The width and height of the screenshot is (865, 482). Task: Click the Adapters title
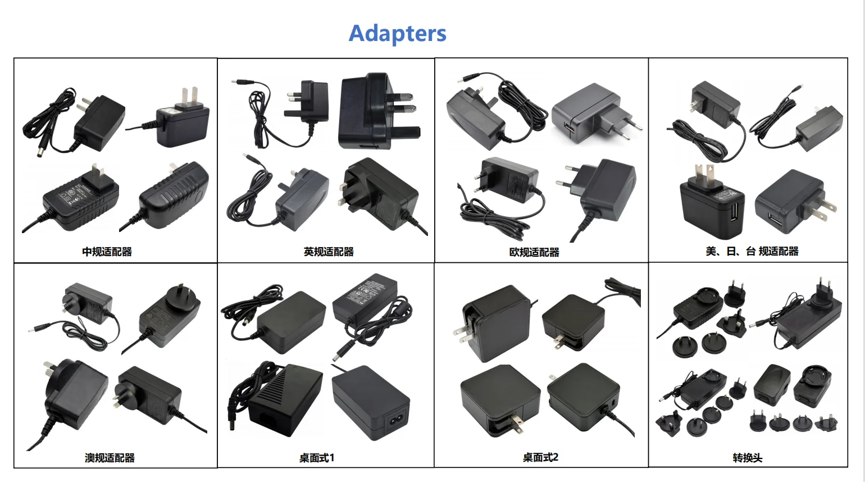pyautogui.click(x=397, y=34)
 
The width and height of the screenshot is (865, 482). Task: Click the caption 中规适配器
pyautogui.click(x=107, y=252)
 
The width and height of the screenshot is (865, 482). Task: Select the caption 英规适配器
pyautogui.click(x=329, y=252)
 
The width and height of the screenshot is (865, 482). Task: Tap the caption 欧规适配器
pyautogui.click(x=534, y=252)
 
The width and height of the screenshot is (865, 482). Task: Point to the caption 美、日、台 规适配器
pyautogui.click(x=752, y=251)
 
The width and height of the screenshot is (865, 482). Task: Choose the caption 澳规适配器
pyautogui.click(x=110, y=458)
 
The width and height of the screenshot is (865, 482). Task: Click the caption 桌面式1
pyautogui.click(x=316, y=458)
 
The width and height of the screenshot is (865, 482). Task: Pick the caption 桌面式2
pyautogui.click(x=540, y=457)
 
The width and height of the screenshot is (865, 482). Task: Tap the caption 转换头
pyautogui.click(x=747, y=458)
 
